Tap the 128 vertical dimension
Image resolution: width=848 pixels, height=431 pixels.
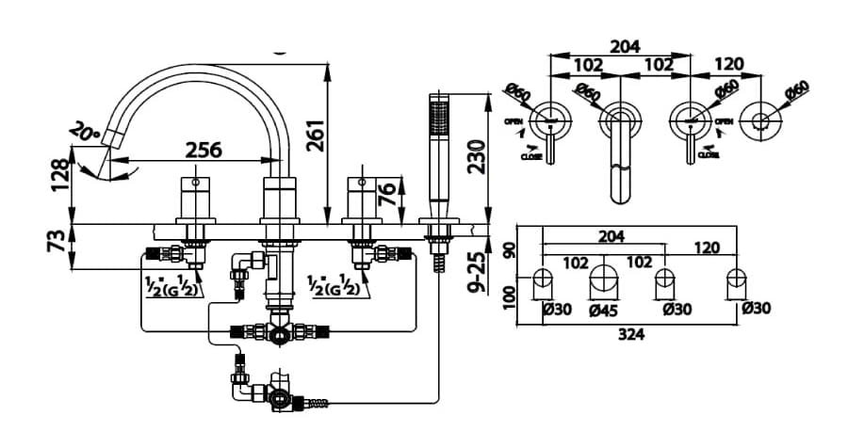click(x=61, y=175)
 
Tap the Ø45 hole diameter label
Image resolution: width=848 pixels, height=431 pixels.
click(x=604, y=308)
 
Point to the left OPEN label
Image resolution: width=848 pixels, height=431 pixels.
click(x=514, y=121)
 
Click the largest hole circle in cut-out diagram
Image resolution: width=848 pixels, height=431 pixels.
click(x=603, y=280)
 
